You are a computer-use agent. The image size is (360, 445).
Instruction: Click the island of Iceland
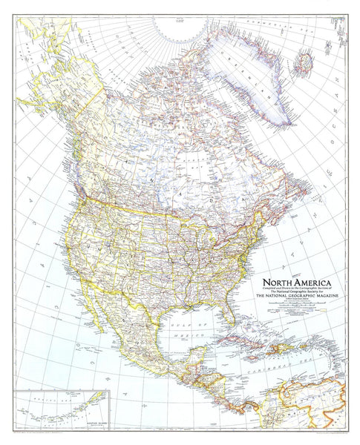pos(304,61)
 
